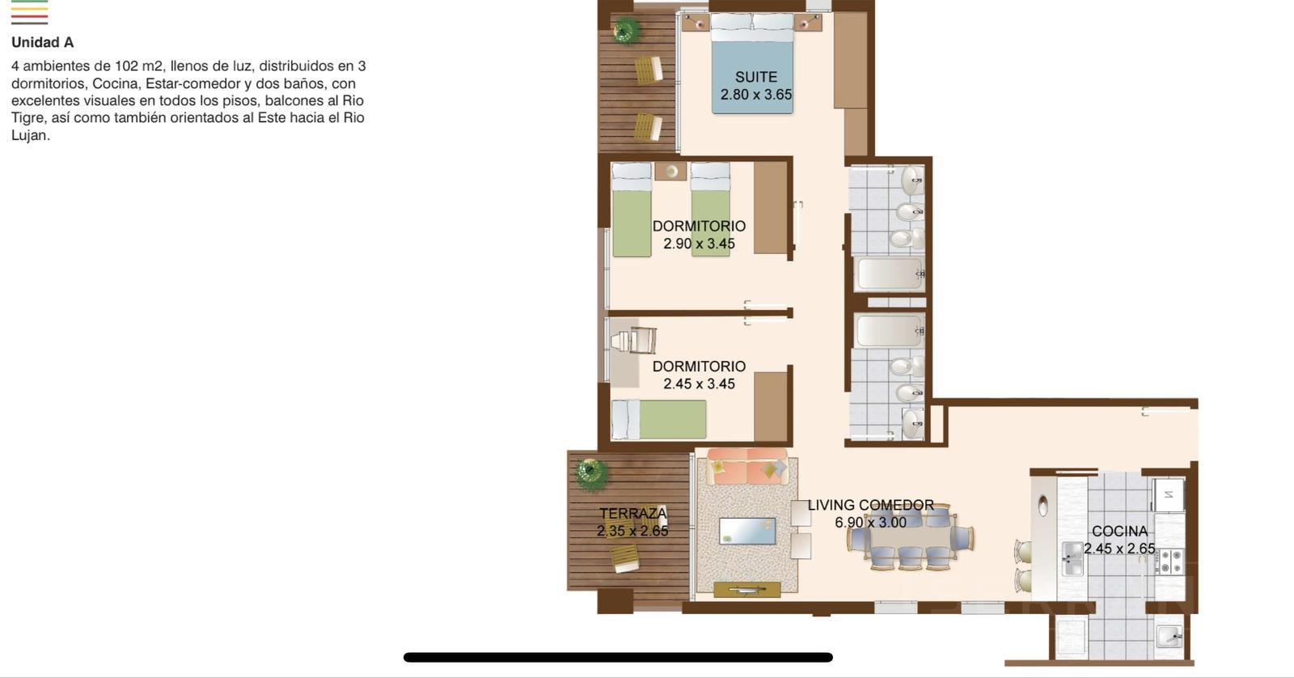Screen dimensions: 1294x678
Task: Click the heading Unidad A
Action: click(42, 42)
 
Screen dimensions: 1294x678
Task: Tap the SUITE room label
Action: click(755, 77)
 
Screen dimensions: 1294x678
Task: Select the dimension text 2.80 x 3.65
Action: click(755, 94)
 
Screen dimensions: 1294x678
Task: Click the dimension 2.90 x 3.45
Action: click(699, 244)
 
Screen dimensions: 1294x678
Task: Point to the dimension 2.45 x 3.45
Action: click(699, 383)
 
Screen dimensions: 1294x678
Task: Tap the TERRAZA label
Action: click(632, 513)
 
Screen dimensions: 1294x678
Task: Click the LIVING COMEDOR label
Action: click(870, 505)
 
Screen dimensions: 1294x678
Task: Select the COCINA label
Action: click(1119, 532)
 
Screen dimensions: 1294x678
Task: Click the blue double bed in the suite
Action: click(752, 64)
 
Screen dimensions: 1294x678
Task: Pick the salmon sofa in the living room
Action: click(747, 467)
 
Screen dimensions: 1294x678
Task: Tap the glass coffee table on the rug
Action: click(747, 532)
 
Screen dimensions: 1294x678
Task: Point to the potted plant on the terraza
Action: click(591, 472)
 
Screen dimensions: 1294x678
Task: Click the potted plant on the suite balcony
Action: click(626, 29)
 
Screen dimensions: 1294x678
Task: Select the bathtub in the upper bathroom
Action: click(889, 274)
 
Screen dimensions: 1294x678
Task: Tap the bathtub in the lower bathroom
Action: click(889, 331)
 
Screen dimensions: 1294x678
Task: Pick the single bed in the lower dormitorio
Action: click(658, 419)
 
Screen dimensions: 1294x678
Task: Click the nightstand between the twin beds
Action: click(670, 171)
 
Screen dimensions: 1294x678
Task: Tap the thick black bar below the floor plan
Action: click(618, 657)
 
